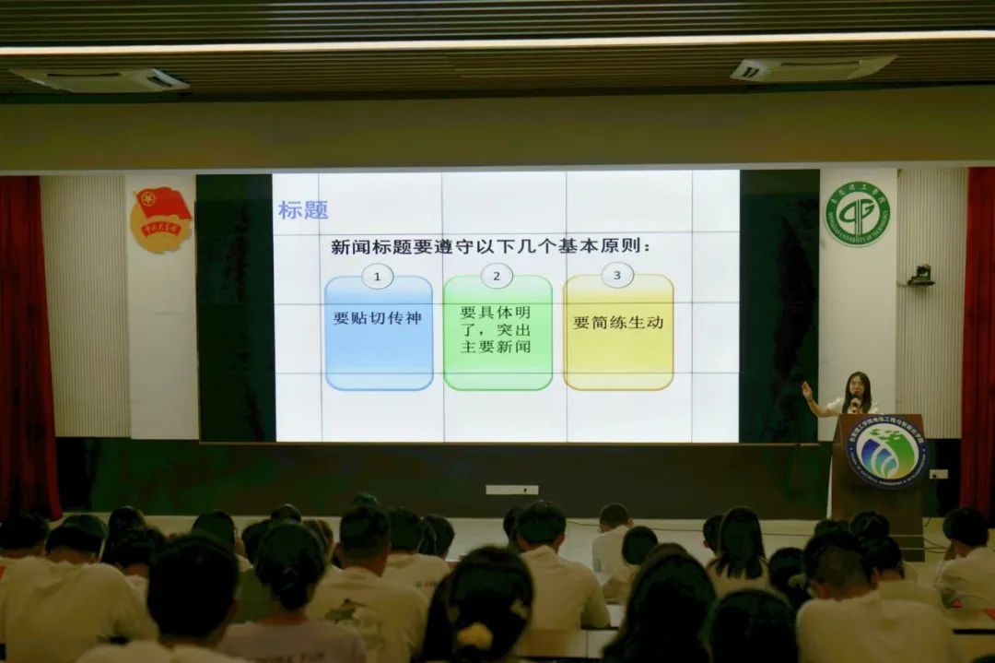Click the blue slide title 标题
pos(303,210)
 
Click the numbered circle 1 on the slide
pos(377,276)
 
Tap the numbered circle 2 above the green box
pos(497,275)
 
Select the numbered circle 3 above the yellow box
pos(617,275)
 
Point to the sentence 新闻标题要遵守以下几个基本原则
pos(491,247)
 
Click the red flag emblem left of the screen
pos(161,219)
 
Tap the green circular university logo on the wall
pos(857,213)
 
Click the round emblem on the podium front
pos(886,451)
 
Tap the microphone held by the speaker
pos(854,403)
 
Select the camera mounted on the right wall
pos(920,275)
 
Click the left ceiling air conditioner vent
pos(99,79)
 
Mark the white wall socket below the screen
pos(511,490)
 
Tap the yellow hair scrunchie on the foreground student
pos(475,635)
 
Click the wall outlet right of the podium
pos(938,474)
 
